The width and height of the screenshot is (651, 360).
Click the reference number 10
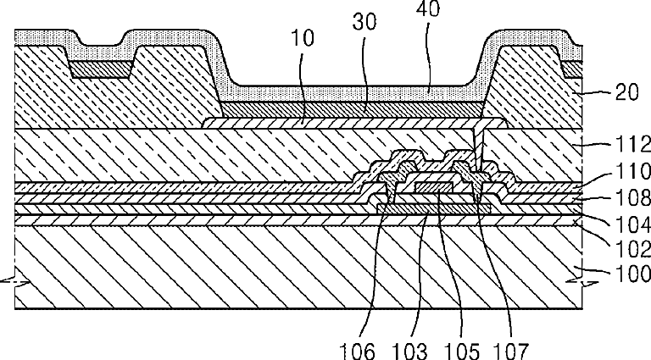coord(303,38)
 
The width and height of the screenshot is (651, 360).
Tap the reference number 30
coord(364,21)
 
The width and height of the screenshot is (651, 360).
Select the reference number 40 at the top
coord(427,8)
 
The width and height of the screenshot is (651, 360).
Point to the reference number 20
coord(626,92)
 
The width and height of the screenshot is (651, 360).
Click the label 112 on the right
coord(632,144)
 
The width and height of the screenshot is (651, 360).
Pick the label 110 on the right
coord(632,171)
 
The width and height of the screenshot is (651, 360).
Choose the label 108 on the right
coord(632,197)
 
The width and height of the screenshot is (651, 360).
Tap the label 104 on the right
coord(632,224)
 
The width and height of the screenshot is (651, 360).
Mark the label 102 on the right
coord(632,249)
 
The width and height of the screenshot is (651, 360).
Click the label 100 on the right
coord(632,274)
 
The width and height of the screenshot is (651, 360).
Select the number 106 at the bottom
coord(358,351)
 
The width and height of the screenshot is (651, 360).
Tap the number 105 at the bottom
coord(462,351)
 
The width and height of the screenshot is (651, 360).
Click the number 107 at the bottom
coord(510,351)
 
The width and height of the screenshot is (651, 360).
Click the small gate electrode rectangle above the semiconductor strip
coord(433,187)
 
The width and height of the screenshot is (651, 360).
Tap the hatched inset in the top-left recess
coord(102,69)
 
